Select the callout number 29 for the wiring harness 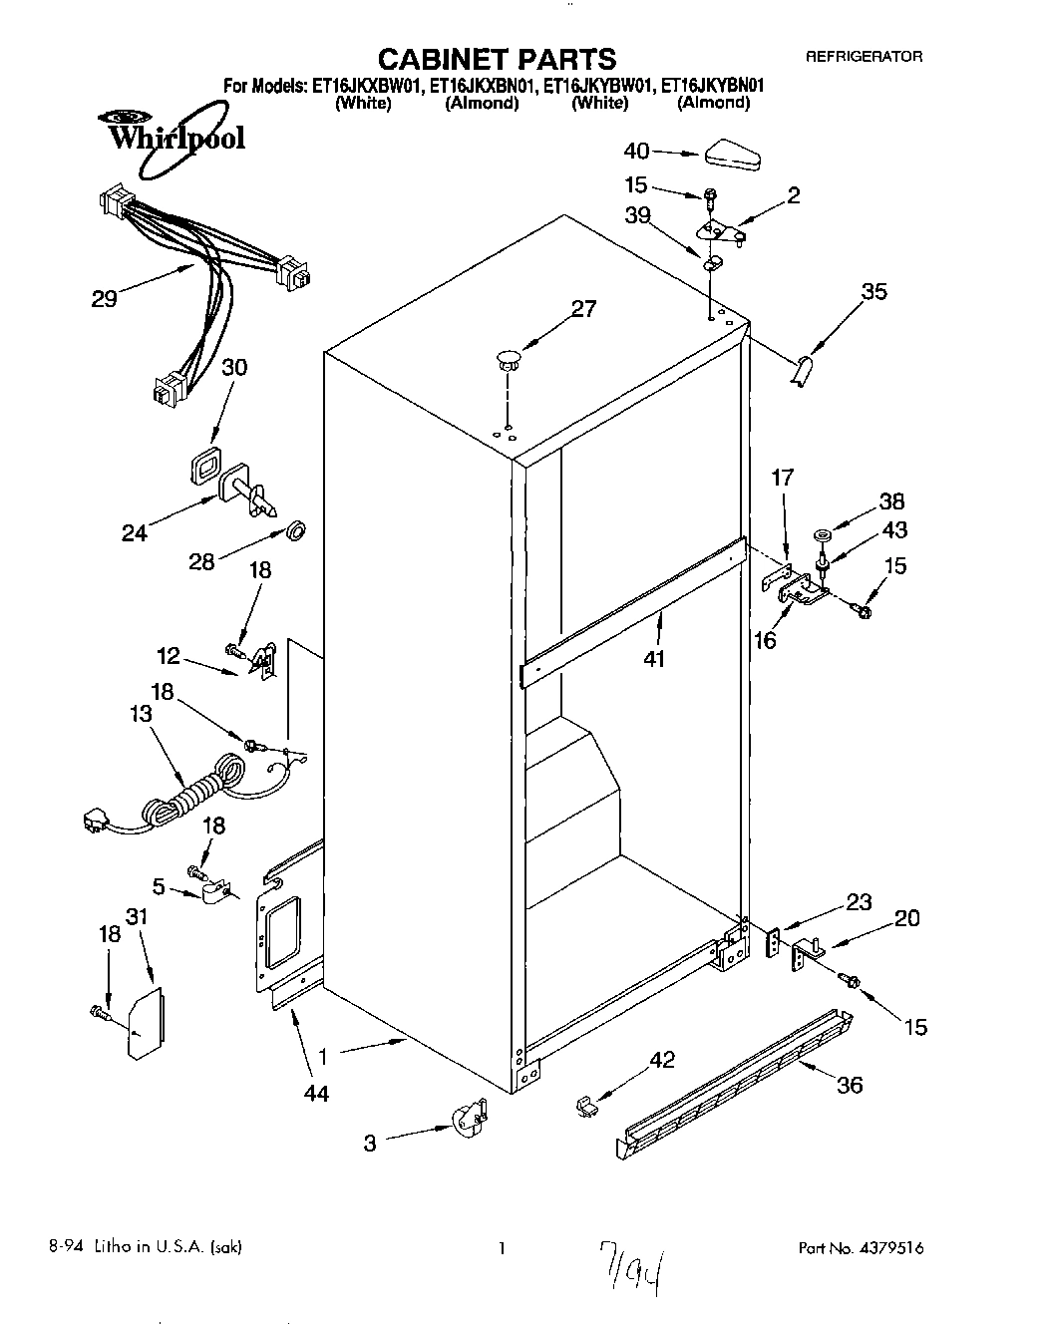point(104,297)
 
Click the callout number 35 point(873,292)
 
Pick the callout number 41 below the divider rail point(655,658)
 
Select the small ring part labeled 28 point(295,530)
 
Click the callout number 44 point(317,1093)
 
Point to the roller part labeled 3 point(467,1121)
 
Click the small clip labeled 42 point(584,1105)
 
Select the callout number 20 point(906,918)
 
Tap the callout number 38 point(893,503)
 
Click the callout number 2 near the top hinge point(793,195)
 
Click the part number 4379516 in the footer point(902,1248)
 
